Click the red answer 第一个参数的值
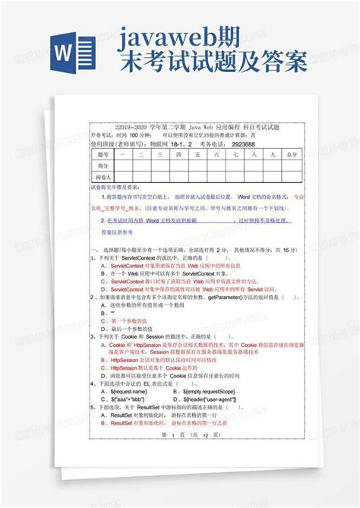coord(126,321)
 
